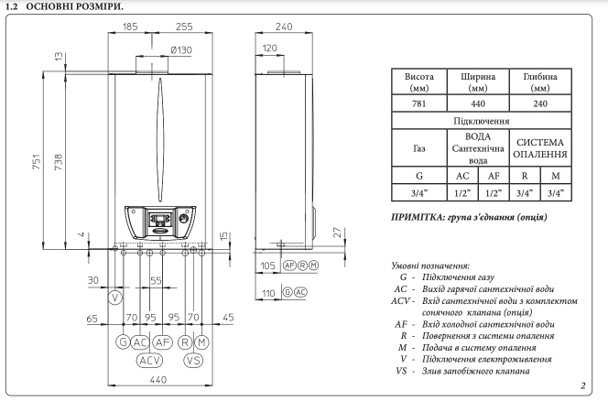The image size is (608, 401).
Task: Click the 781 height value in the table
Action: point(419,103)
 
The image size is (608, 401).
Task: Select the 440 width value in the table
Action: point(478,103)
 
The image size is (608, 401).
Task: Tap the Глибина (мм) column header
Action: point(540,82)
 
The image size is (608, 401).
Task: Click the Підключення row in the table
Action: point(482,121)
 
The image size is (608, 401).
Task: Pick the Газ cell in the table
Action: point(419,148)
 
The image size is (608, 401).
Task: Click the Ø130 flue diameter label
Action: point(181,50)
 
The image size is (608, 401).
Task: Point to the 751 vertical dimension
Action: point(36,161)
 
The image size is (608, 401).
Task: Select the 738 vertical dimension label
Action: point(59,162)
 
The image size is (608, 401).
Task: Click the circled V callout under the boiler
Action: point(115,298)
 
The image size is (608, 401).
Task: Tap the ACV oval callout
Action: point(149,361)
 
